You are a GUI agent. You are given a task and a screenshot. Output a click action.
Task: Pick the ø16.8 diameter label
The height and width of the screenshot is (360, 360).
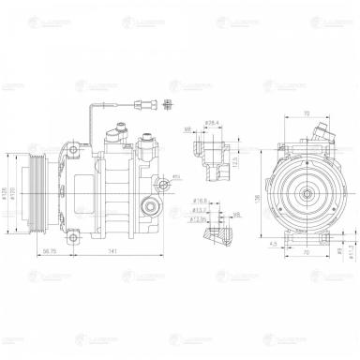click(201, 200)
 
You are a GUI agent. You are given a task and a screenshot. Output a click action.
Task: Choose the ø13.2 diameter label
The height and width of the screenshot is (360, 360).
click(200, 211)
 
